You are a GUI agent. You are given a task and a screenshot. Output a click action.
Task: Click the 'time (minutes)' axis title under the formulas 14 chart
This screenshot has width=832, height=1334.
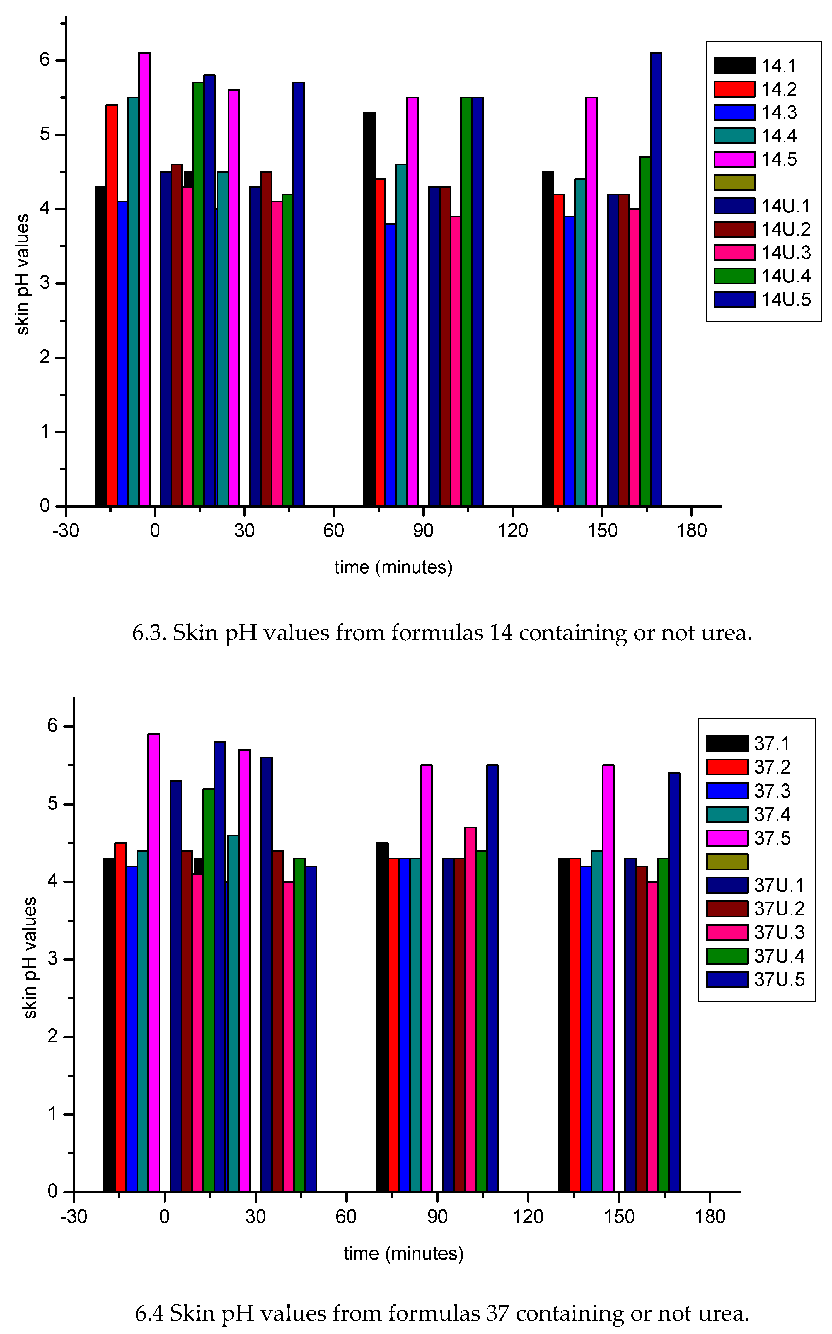pos(393,567)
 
